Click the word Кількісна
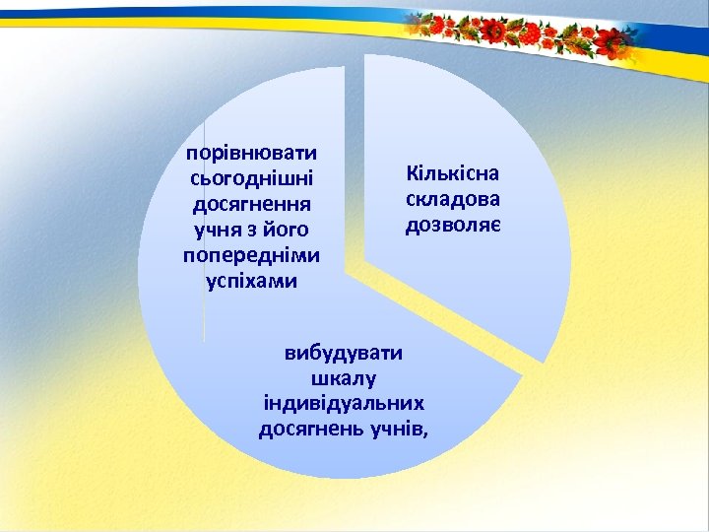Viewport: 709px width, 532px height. [x=453, y=173]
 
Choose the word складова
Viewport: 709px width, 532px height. [x=453, y=199]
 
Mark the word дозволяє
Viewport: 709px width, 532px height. [x=453, y=225]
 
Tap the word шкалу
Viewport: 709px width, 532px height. [x=346, y=378]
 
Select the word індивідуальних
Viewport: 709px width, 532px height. [x=345, y=403]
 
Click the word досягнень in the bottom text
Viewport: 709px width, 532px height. [x=312, y=429]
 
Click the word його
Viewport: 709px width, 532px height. [x=288, y=231]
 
